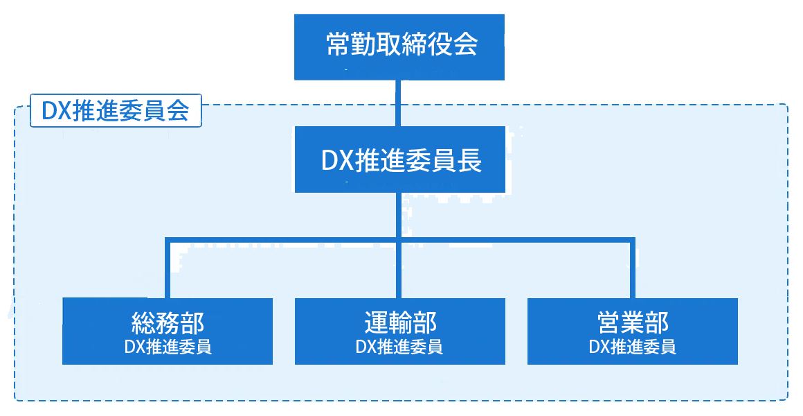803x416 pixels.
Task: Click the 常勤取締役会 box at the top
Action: [399, 46]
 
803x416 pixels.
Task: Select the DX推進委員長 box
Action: [399, 159]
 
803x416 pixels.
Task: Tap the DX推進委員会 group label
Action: [116, 111]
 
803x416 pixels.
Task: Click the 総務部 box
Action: [167, 331]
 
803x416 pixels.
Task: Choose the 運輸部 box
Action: [399, 331]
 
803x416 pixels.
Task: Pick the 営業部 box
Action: [632, 331]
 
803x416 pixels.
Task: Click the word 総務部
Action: [168, 322]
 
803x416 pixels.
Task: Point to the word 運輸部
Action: [400, 322]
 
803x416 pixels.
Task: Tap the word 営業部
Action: [633, 322]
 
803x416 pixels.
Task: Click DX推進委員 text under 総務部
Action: [168, 347]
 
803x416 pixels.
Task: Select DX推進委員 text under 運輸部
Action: [399, 347]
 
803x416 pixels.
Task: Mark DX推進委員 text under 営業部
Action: [633, 347]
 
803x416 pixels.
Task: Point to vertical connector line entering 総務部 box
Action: [167, 270]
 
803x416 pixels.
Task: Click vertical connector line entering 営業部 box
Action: [632, 270]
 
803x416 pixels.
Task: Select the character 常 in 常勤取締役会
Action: [337, 46]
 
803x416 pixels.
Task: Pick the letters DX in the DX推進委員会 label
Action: [54, 111]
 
